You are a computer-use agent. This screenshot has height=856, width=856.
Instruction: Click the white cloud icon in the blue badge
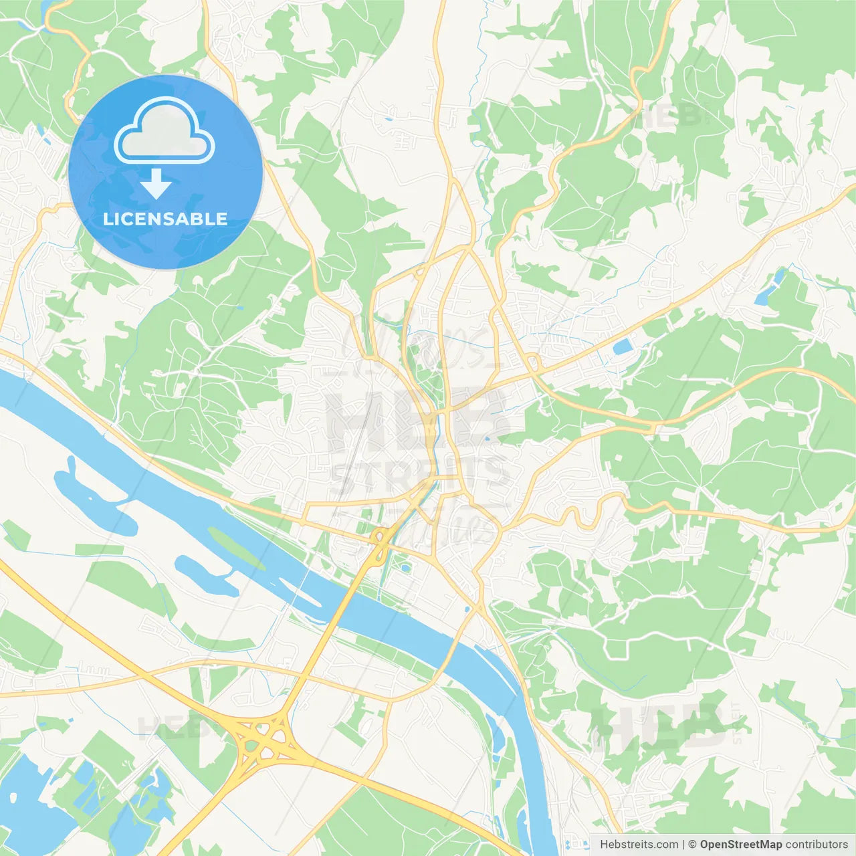(x=165, y=132)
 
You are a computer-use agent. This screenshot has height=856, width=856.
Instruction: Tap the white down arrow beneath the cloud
(x=156, y=185)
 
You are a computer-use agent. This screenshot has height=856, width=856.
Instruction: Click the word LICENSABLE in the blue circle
(x=165, y=219)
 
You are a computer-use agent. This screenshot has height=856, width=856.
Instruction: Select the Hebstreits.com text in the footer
(x=639, y=845)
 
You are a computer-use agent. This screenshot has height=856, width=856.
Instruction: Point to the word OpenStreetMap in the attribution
(x=740, y=845)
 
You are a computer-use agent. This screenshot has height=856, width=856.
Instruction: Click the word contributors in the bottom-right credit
(x=817, y=845)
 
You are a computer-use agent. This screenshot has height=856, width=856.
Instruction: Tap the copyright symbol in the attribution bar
(x=692, y=845)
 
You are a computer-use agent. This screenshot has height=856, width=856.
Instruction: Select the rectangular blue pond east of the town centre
(x=623, y=346)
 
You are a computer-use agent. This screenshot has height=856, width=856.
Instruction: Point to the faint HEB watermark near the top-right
(x=669, y=115)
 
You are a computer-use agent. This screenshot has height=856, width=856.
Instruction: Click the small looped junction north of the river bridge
(x=382, y=535)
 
